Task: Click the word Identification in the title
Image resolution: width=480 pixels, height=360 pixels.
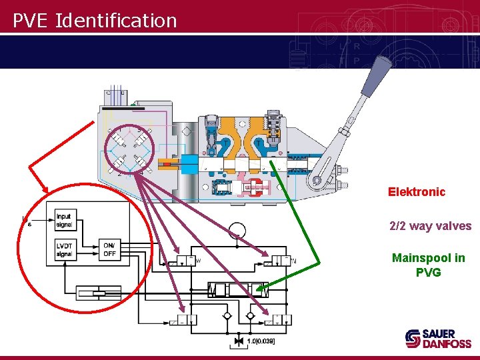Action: point(116,21)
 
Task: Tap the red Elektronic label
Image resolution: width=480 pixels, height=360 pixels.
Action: point(417,192)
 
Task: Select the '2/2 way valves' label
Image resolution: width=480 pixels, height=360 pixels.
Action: point(430,226)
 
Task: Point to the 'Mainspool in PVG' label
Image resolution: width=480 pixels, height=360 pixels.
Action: point(428,265)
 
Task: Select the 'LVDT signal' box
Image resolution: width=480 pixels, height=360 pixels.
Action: point(65,250)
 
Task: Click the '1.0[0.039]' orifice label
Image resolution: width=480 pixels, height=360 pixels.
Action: point(261,341)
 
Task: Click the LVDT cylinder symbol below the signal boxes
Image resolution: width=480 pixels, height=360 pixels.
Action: point(99,292)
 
